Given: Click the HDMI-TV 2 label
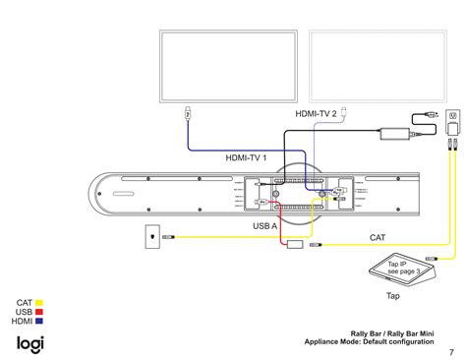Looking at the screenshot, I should (x=316, y=115).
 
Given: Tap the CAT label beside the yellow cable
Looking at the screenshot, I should (x=377, y=237).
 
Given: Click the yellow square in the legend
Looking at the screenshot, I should (x=39, y=303).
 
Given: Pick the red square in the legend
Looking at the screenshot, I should (x=39, y=312).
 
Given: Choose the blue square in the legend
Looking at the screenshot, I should (x=39, y=321).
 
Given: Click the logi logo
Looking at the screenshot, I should (x=29, y=343).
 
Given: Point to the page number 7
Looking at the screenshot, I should (x=450, y=351).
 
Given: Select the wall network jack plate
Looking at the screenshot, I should (x=149, y=236).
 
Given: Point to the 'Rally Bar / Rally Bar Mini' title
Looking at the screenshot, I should (x=391, y=332).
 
